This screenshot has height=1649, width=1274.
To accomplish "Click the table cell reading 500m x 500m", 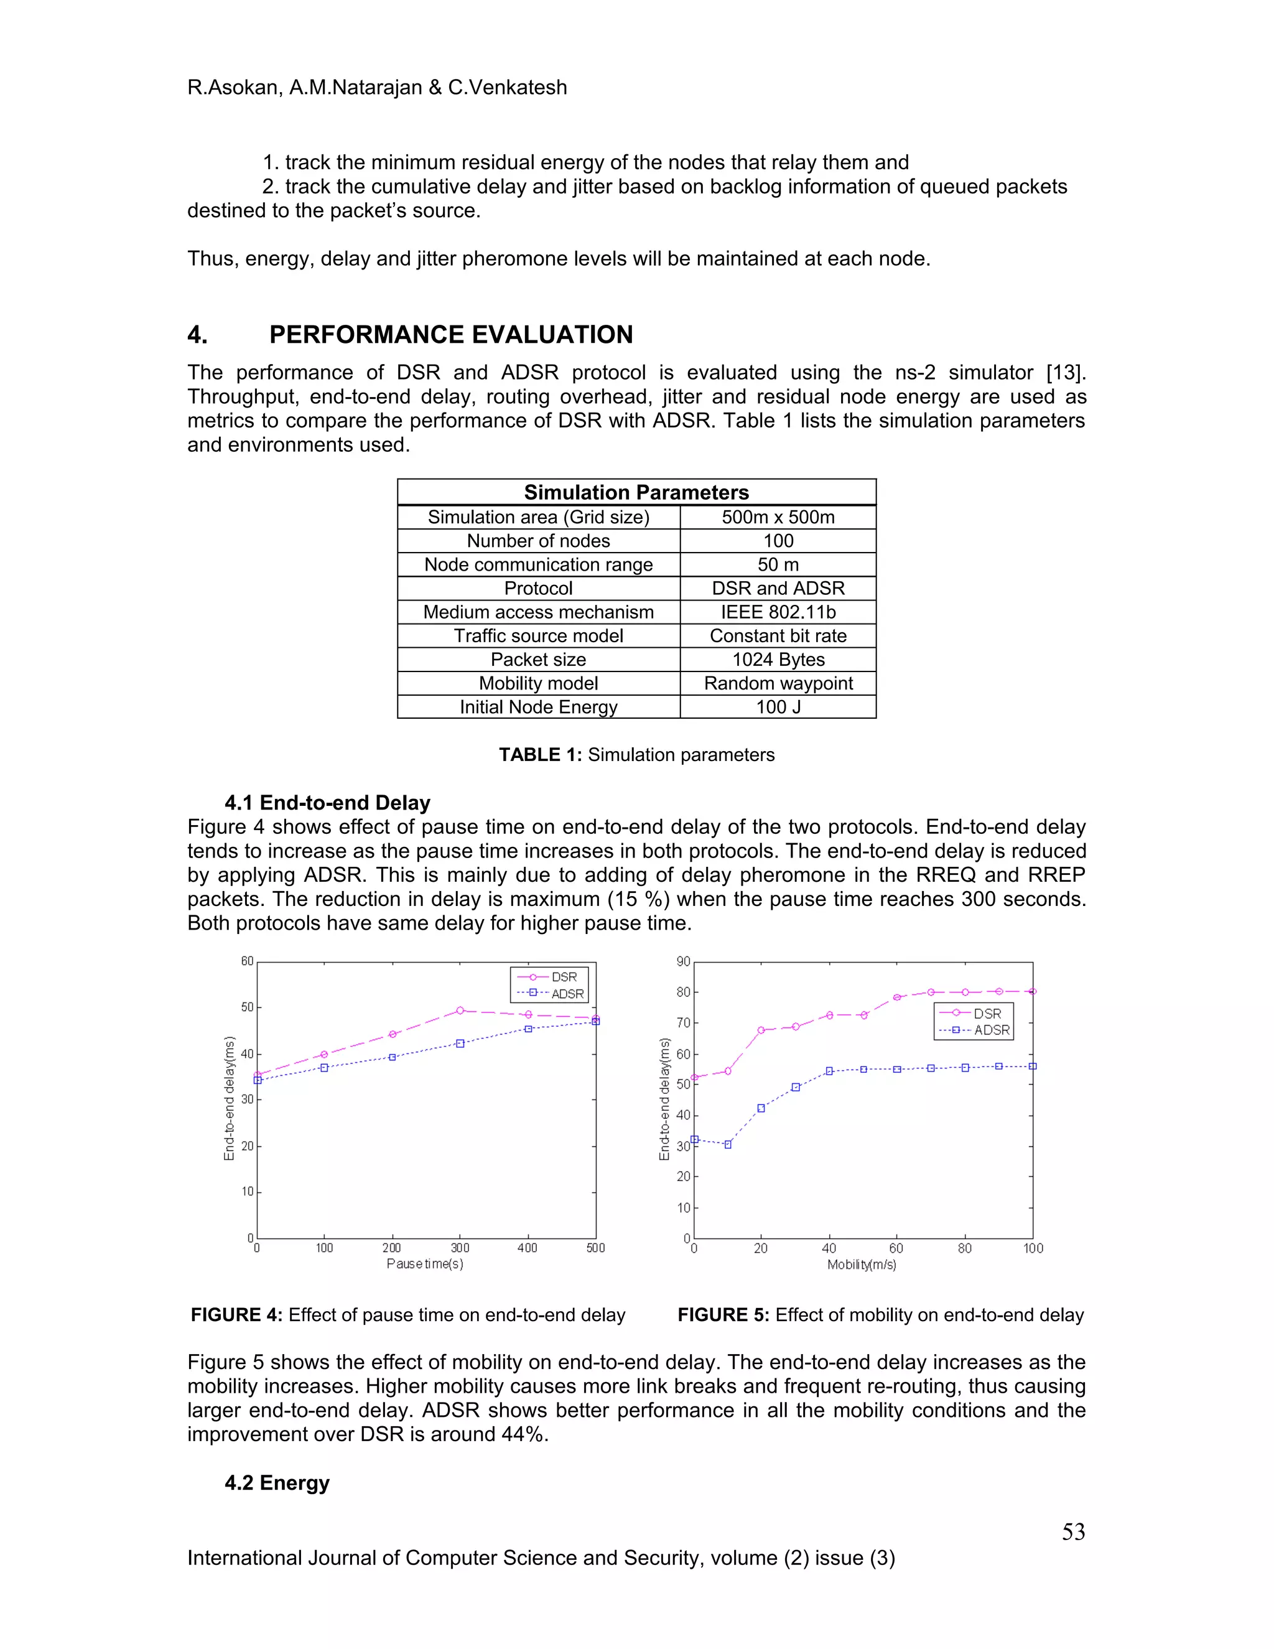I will coord(778,517).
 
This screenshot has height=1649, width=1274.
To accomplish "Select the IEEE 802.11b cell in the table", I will coord(778,612).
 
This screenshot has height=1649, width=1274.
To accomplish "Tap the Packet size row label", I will coord(538,660).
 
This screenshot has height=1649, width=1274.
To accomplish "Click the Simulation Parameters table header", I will coord(636,492).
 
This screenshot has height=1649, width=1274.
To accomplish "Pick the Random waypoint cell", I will coord(778,683).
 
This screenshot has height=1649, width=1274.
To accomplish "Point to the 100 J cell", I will coord(778,708).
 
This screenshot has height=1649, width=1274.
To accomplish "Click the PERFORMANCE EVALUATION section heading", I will coord(450,335).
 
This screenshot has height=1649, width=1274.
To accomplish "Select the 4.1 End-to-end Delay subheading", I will coord(327,803).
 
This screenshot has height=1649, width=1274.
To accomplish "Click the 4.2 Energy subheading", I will coord(277,1482).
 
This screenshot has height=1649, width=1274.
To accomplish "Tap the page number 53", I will coord(1073,1531).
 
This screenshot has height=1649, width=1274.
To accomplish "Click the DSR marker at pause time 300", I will coord(460,1010).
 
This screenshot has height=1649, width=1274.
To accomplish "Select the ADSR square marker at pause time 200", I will coord(393,1057).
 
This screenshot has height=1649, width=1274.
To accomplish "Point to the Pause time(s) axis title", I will coord(425,1264).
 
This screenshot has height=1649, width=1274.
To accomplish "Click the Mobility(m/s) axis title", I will coord(861,1264).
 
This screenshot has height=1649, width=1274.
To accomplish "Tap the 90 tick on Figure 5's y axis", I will coord(683,962).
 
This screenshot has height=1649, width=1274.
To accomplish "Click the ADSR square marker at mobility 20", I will coord(761,1108).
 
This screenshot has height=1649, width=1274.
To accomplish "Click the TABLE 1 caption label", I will coord(539,755).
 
